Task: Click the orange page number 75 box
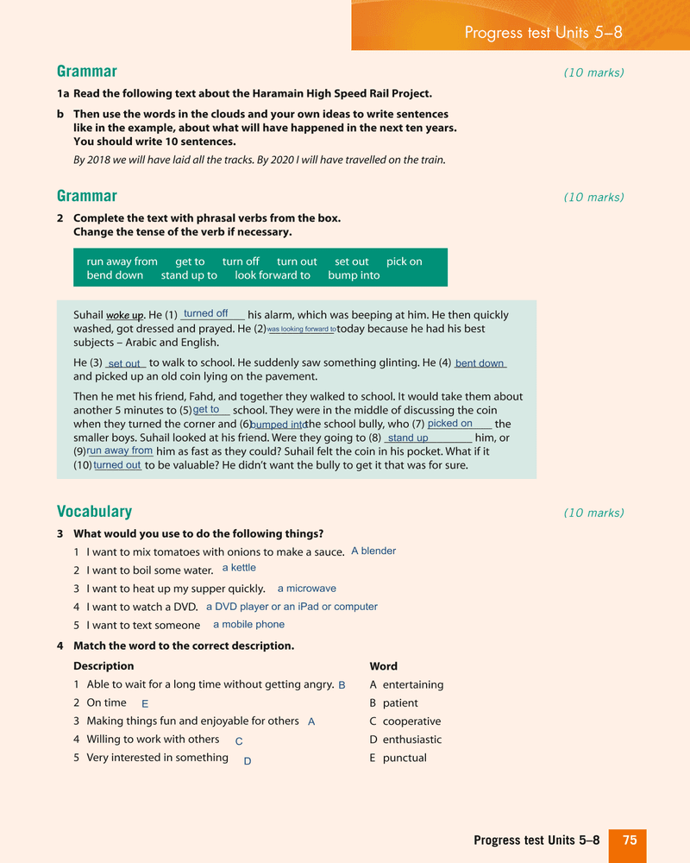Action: coord(628,841)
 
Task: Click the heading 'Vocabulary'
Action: coord(94,512)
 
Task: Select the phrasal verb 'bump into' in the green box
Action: coord(354,275)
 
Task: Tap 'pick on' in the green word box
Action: coord(404,261)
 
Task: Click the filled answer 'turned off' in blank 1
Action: coord(205,314)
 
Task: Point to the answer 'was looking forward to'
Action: coord(301,330)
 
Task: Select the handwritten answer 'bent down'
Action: coord(480,363)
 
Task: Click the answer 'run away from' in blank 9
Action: coord(120,450)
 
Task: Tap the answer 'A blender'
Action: coord(373,551)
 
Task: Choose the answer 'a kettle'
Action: coord(239,568)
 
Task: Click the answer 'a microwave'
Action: coord(306,589)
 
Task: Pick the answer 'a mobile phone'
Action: coord(248,625)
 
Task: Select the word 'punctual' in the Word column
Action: coord(405,758)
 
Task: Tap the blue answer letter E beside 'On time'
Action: coord(145,704)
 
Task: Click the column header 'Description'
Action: coord(103,666)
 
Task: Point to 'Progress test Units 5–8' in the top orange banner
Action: coord(543,33)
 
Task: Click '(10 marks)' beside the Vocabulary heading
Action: coord(593,513)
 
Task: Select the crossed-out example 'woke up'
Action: coord(124,315)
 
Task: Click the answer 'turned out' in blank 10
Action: coord(117,465)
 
